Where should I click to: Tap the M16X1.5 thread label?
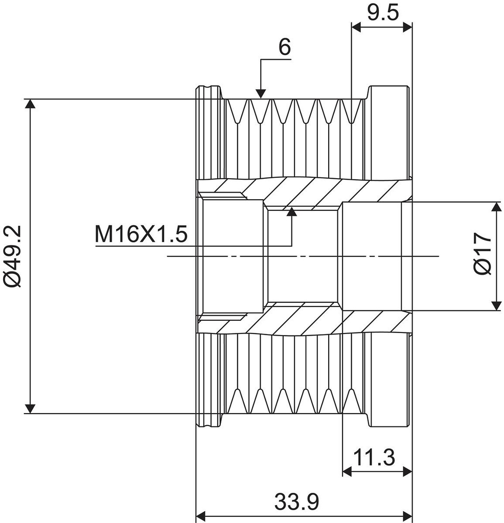click(x=141, y=234)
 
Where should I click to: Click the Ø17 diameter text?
click(x=483, y=255)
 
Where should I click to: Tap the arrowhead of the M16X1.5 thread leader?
click(x=292, y=211)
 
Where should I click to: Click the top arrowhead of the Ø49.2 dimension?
click(x=31, y=104)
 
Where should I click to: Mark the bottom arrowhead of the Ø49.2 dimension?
click(x=31, y=408)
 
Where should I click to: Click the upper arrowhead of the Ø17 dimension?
click(x=496, y=207)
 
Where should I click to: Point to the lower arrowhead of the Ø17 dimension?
click(x=496, y=305)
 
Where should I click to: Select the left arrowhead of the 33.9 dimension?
click(x=201, y=514)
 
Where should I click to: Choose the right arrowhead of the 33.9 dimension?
click(x=407, y=514)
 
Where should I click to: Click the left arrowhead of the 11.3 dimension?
click(x=347, y=471)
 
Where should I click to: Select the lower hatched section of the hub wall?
click(x=307, y=319)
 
